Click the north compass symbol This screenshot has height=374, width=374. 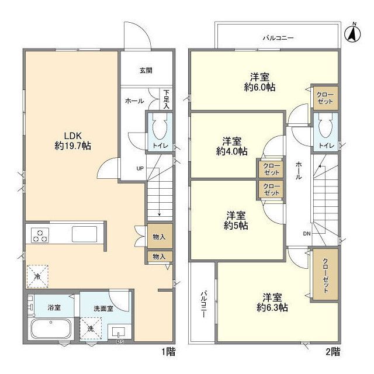(x=352, y=33)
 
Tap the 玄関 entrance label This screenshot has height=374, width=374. (x=146, y=70)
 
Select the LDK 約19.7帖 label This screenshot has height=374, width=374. (x=72, y=141)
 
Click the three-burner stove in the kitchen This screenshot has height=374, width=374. (x=40, y=235)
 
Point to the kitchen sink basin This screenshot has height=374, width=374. (x=84, y=234)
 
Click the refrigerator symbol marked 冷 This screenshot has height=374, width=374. (x=37, y=276)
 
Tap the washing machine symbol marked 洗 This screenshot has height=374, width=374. (x=91, y=328)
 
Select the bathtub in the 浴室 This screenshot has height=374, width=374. (x=51, y=329)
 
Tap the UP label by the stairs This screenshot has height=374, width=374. (x=140, y=168)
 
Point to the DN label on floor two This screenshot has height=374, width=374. (x=307, y=234)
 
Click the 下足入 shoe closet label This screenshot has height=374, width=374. (x=166, y=99)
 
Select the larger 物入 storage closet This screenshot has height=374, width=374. (x=160, y=236)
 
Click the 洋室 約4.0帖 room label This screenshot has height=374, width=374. (x=231, y=146)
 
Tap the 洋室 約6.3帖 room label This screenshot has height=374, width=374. (x=272, y=303)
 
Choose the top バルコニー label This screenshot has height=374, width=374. (x=278, y=38)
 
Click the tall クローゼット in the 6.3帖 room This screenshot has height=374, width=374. (x=325, y=274)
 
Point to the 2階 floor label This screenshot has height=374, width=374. (x=333, y=352)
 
